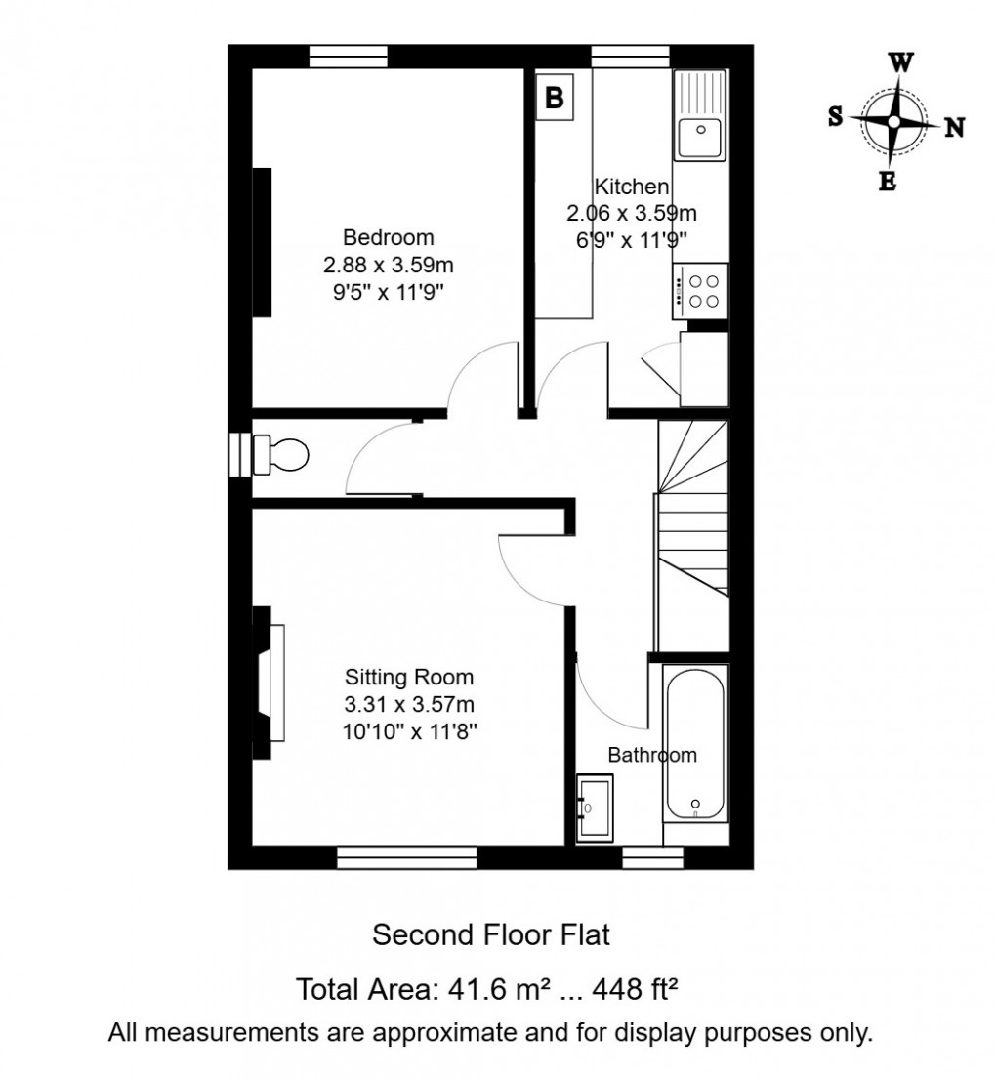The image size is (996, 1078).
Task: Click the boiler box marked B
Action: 553,98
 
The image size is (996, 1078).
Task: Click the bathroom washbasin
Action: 594,807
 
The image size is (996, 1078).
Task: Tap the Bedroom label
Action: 388,237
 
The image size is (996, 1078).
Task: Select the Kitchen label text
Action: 632,187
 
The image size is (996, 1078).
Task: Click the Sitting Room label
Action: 409,677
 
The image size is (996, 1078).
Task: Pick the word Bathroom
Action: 652,755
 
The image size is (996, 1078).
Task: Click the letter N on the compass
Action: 954,126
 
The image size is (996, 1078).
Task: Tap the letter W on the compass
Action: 900,63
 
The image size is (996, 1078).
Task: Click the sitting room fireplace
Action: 269,682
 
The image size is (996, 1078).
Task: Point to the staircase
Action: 692,508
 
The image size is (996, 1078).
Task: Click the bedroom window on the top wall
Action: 349,57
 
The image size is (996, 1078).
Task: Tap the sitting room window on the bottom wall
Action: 406,857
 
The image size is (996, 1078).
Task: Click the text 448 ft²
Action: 632,991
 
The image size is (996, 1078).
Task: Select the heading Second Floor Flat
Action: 491,934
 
